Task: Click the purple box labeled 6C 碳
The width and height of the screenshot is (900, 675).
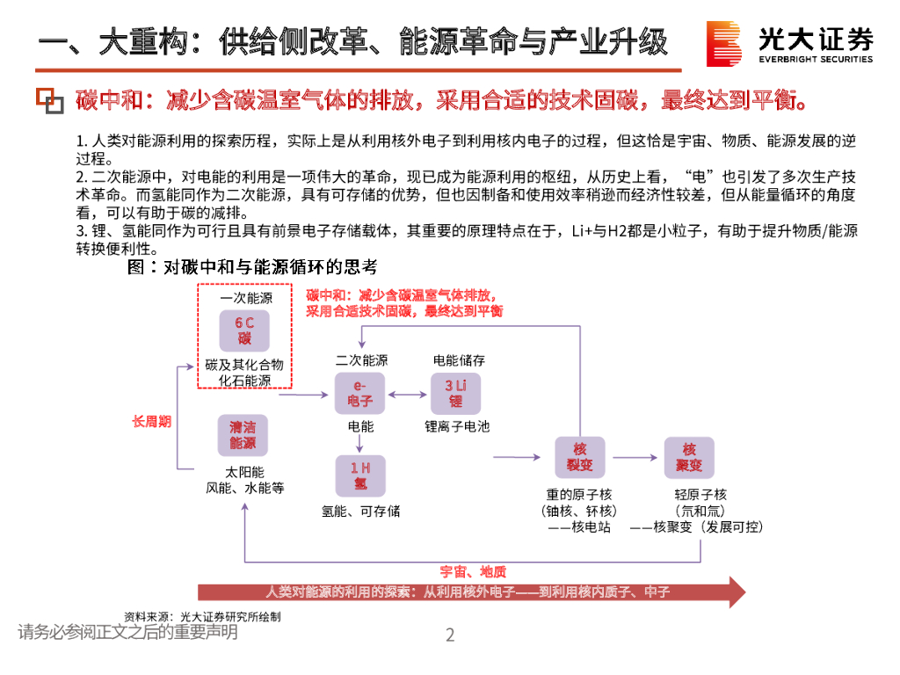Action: click(243, 330)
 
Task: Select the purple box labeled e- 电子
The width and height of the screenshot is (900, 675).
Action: click(360, 393)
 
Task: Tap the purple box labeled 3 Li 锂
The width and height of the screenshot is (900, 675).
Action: click(455, 393)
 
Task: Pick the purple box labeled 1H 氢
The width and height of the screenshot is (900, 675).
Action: click(360, 475)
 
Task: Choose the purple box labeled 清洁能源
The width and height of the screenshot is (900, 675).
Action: click(243, 435)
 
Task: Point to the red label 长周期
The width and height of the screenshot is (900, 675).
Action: click(151, 422)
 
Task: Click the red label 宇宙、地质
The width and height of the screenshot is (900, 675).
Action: click(473, 572)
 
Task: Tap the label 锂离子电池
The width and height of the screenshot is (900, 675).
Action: click(457, 427)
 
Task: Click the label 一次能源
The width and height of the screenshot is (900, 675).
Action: click(245, 298)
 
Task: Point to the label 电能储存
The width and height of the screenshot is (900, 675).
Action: click(459, 360)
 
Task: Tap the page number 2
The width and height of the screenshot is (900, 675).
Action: click(450, 635)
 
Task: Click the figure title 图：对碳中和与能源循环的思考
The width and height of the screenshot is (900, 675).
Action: click(252, 265)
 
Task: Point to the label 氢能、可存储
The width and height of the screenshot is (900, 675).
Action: click(360, 511)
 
